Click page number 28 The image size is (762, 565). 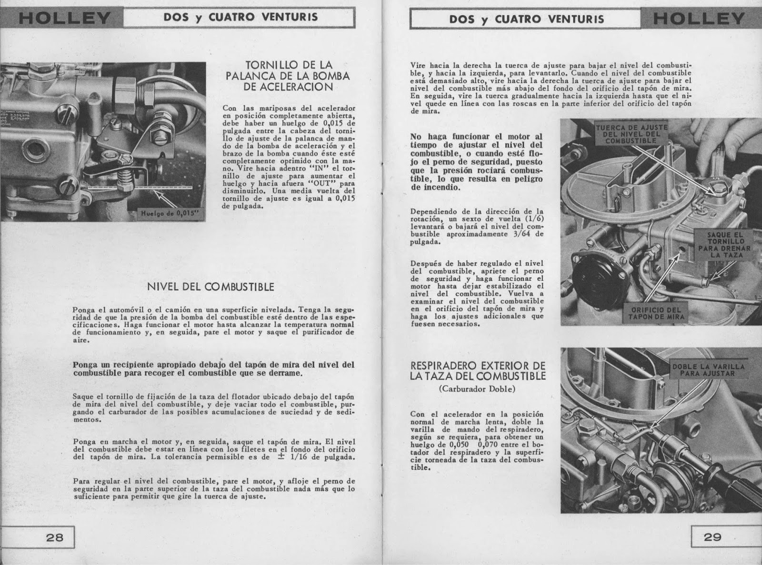(x=55, y=537)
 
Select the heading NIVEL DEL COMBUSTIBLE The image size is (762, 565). (x=211, y=287)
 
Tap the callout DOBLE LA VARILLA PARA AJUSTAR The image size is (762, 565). (x=708, y=370)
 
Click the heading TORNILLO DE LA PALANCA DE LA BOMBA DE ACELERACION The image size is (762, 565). (x=290, y=76)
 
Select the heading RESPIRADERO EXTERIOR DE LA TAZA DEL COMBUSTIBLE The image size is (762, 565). (x=478, y=371)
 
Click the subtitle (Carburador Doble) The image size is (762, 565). (x=477, y=388)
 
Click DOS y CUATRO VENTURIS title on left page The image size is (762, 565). (x=241, y=18)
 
